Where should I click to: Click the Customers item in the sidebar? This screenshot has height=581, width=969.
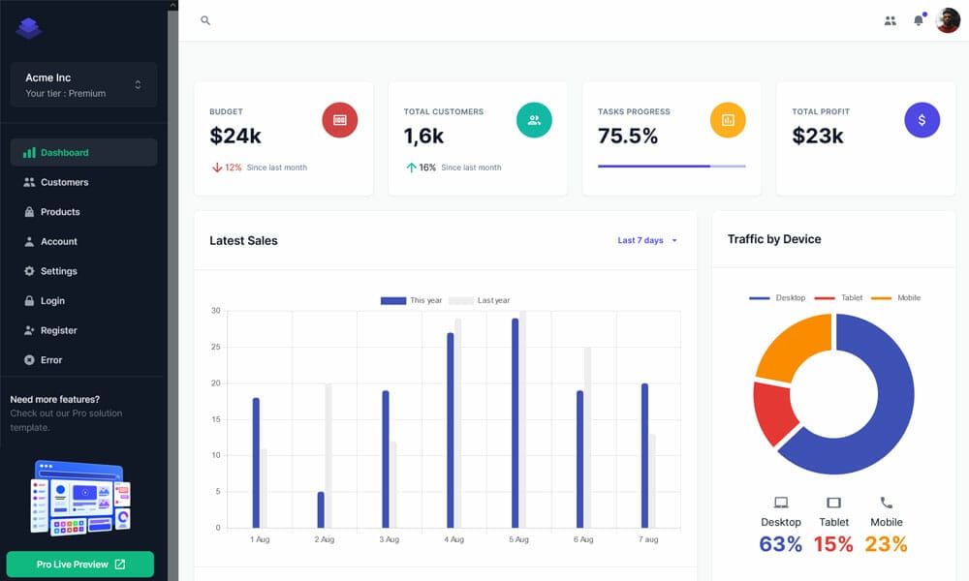64,182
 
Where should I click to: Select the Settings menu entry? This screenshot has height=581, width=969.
58,271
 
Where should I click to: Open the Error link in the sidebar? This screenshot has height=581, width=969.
50,360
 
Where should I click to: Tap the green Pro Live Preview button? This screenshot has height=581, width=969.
80,565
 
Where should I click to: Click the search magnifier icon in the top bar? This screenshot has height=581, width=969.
205,20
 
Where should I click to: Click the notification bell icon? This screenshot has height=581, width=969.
919,20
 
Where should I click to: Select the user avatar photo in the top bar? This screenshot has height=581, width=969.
948,20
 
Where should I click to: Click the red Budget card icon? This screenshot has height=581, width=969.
340,120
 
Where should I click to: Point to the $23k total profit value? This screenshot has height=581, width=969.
818,137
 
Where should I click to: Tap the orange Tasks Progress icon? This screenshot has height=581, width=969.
728,120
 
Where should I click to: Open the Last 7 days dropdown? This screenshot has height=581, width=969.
647,240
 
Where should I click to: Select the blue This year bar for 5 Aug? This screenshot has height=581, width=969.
516,423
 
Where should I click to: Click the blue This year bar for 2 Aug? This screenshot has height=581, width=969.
321,509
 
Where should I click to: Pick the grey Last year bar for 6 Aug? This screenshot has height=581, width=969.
587,438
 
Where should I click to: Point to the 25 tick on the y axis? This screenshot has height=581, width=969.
216,347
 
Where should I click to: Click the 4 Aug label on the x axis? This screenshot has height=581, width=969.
453,539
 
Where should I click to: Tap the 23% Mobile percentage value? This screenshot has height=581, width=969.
886,544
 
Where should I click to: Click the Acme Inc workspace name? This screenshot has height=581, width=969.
48,77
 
